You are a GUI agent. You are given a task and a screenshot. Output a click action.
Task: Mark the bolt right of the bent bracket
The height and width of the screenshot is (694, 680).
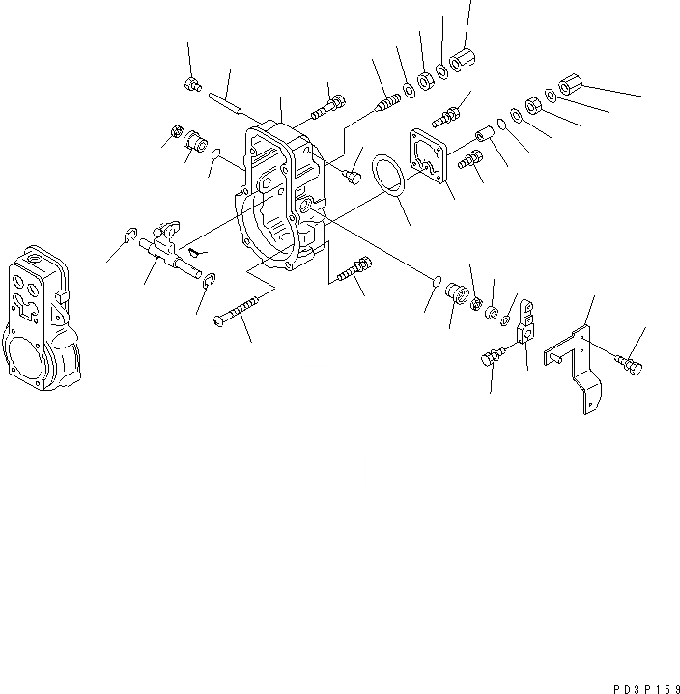click(627, 364)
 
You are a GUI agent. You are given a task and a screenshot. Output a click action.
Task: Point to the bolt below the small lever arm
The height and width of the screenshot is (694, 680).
click(490, 359)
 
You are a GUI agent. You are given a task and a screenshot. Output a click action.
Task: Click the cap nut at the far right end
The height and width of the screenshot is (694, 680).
click(570, 86)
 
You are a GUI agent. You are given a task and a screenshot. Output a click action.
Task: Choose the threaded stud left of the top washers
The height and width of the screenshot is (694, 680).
click(390, 97)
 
